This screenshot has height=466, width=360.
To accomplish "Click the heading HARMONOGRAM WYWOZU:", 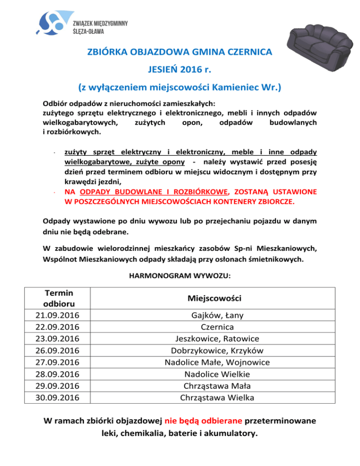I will coord(179,276).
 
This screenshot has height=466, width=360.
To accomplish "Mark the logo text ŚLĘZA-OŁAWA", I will coord(89,31).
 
